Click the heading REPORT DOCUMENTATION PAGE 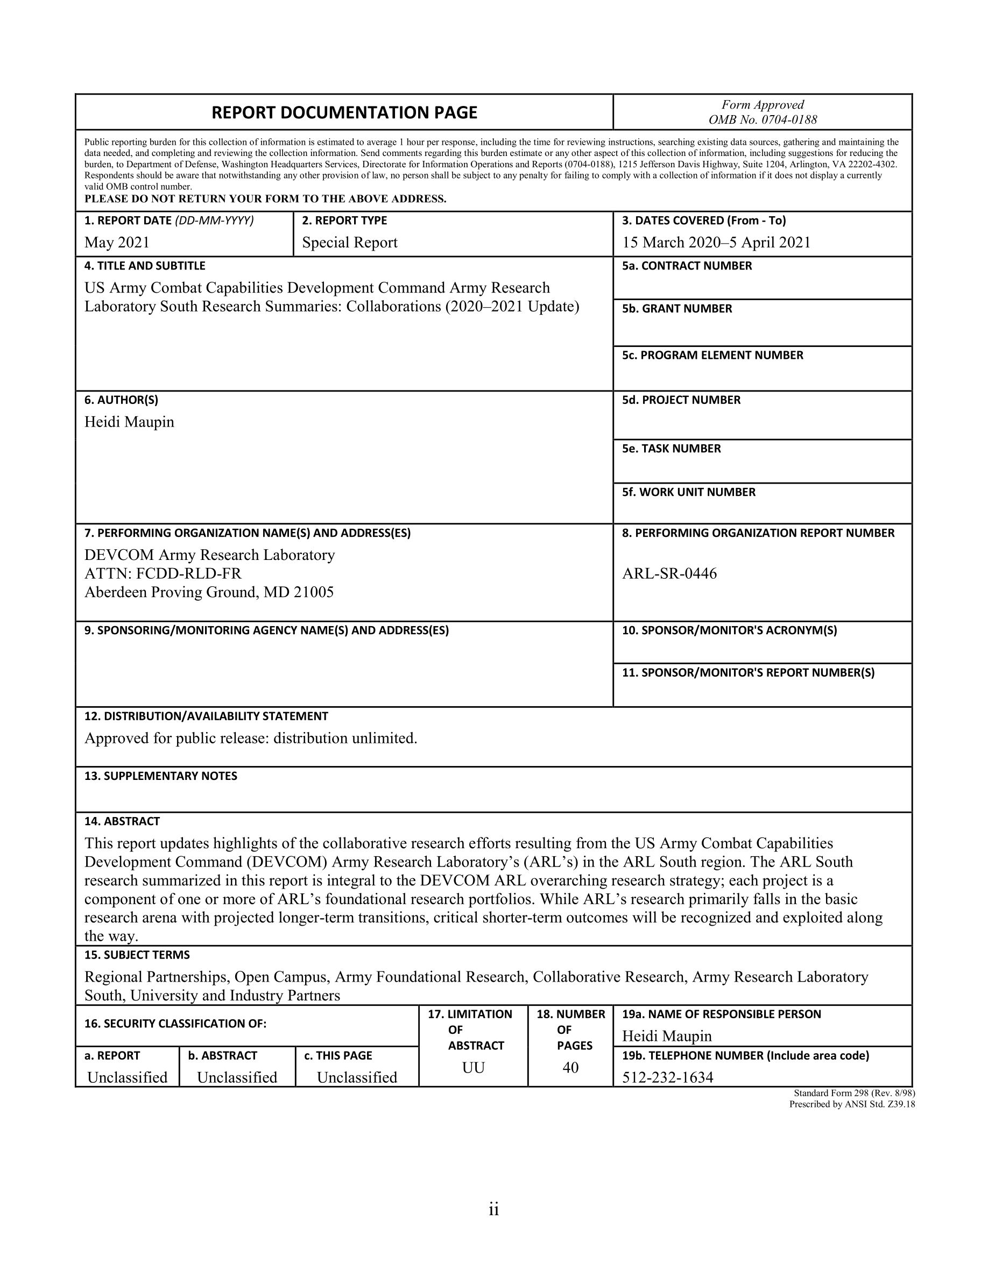pos(344,112)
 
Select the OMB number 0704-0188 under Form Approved pos(762,120)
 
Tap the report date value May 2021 pos(117,242)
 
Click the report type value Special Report pos(349,242)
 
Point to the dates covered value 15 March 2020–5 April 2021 pos(716,242)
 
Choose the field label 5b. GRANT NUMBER pos(676,308)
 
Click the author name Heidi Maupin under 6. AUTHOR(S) pos(129,422)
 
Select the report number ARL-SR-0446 pos(669,573)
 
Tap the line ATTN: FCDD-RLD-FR pos(163,573)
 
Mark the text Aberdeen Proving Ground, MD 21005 pos(209,592)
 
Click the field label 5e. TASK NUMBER pos(672,449)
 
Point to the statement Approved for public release pos(251,739)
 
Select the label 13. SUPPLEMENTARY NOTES pos(160,776)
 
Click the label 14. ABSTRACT pos(122,821)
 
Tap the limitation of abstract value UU pos(473,1068)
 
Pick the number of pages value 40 pos(570,1068)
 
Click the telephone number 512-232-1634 pos(667,1077)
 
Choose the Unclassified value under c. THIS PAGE pos(356,1077)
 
